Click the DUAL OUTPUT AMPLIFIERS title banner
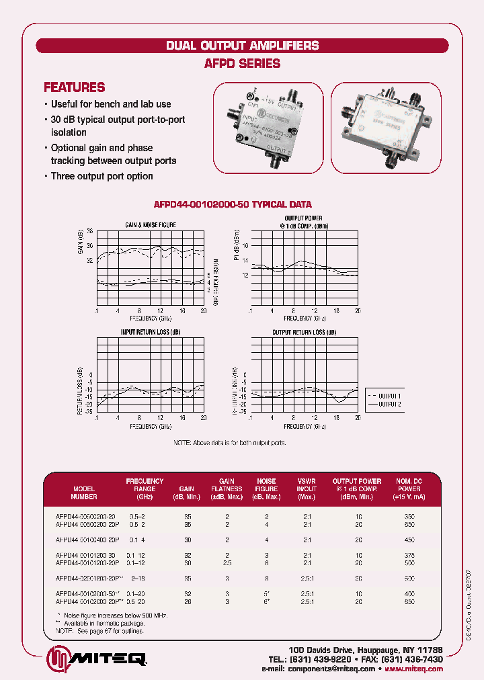[242, 46]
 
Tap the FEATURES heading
[74, 87]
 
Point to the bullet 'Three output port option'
[102, 176]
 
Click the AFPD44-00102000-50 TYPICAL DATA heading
[233, 204]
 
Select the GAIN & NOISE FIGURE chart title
[151, 224]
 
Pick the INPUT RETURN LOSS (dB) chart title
[151, 333]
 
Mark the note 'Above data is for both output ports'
[230, 443]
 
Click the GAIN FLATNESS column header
[227, 489]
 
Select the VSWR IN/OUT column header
[307, 489]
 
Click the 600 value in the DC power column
[409, 577]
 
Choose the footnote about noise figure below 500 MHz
[111, 615]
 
